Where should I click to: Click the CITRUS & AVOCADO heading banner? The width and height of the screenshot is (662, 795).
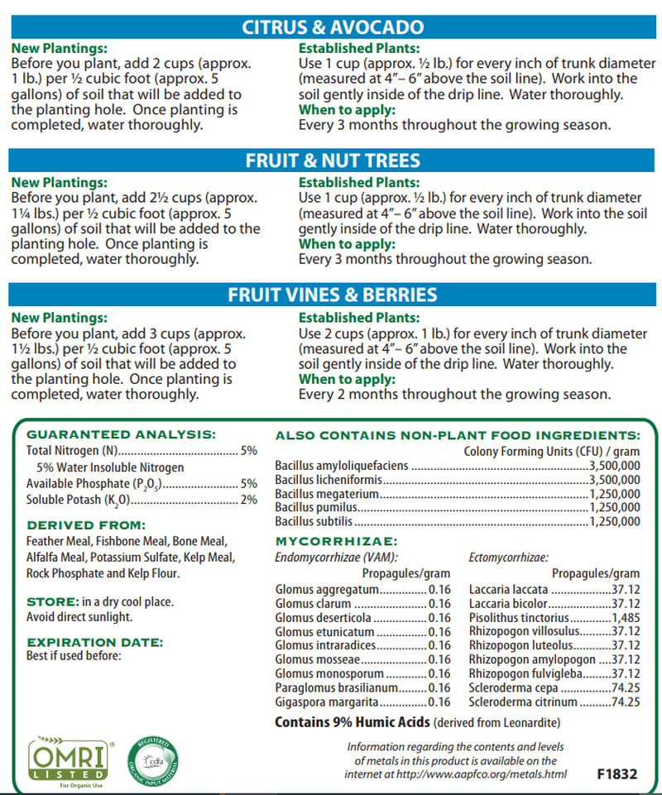[x=332, y=27]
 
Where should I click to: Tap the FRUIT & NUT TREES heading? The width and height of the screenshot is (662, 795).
[x=332, y=160]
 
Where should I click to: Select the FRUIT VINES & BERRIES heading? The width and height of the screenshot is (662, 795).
[x=332, y=295]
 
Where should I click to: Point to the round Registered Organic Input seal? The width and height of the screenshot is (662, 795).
[x=151, y=759]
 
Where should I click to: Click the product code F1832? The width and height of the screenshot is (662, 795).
[x=616, y=775]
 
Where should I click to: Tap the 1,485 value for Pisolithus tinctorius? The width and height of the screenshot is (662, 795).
[x=625, y=618]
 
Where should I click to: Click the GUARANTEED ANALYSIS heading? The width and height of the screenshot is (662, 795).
[x=121, y=433]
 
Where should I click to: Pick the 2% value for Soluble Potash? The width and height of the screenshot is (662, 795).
[x=249, y=500]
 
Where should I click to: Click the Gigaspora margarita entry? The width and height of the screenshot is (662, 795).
[x=329, y=702]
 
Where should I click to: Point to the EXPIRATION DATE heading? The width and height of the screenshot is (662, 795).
[x=94, y=641]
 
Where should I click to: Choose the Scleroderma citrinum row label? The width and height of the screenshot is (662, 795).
[x=523, y=702]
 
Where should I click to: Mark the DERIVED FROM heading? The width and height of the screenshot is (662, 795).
[x=86, y=524]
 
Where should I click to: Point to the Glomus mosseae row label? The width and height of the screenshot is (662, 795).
[x=318, y=659]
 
